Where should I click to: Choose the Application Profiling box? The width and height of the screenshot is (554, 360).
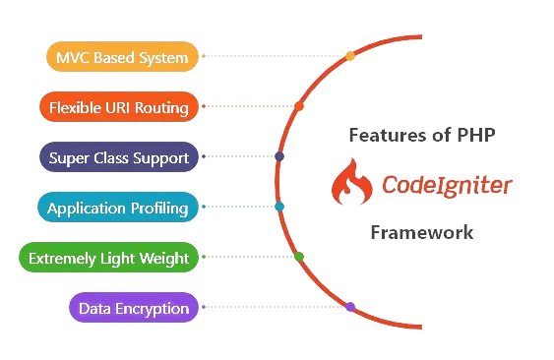117,209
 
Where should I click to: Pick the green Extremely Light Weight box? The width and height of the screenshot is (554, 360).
109,259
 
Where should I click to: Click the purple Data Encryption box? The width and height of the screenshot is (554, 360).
134,309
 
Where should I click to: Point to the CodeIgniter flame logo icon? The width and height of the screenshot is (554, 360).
349,185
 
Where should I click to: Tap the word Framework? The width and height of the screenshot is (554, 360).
421,234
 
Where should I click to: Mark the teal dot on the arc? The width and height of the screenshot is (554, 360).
279,207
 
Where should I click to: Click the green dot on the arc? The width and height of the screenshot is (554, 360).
299,258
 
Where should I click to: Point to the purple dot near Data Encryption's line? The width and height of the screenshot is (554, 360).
350,307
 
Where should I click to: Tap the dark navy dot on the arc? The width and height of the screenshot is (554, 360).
279,156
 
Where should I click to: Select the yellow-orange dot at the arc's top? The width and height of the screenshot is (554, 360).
349,56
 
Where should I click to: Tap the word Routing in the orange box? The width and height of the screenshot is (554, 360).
159,107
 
